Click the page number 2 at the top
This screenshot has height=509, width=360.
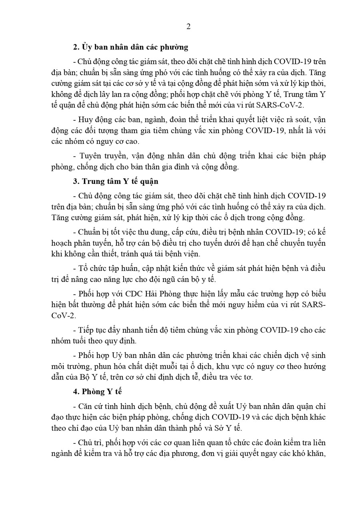click(188, 27)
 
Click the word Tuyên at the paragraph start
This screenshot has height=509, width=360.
click(91, 156)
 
